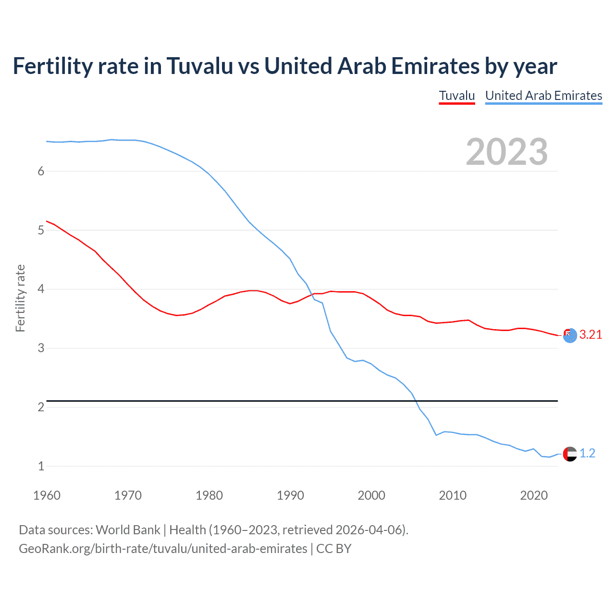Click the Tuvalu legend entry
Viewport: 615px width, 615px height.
[x=456, y=96]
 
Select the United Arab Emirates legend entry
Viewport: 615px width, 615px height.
[x=543, y=96]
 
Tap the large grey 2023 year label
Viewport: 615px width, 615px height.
[x=507, y=152]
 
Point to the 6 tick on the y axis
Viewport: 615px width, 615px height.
[x=41, y=172]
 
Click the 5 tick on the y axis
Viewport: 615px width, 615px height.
[x=41, y=230]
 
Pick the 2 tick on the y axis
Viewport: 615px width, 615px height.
[x=41, y=407]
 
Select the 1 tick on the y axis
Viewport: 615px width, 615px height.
[x=41, y=466]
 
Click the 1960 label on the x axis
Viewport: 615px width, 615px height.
[x=47, y=495]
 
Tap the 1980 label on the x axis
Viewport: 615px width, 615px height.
[x=209, y=495]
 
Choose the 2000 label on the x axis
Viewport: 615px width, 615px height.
[x=371, y=495]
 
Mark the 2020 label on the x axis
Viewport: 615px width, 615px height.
[x=534, y=495]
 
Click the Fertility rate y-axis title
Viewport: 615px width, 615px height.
[x=20, y=298]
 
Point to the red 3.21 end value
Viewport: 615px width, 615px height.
[x=590, y=335]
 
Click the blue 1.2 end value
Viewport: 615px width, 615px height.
[x=587, y=453]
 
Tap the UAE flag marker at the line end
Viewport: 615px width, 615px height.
[x=570, y=454]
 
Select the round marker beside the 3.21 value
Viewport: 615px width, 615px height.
[x=570, y=335]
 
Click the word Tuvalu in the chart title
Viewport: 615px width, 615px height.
[x=199, y=66]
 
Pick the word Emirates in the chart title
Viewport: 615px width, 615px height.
[x=435, y=66]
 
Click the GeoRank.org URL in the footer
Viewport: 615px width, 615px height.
[x=163, y=549]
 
